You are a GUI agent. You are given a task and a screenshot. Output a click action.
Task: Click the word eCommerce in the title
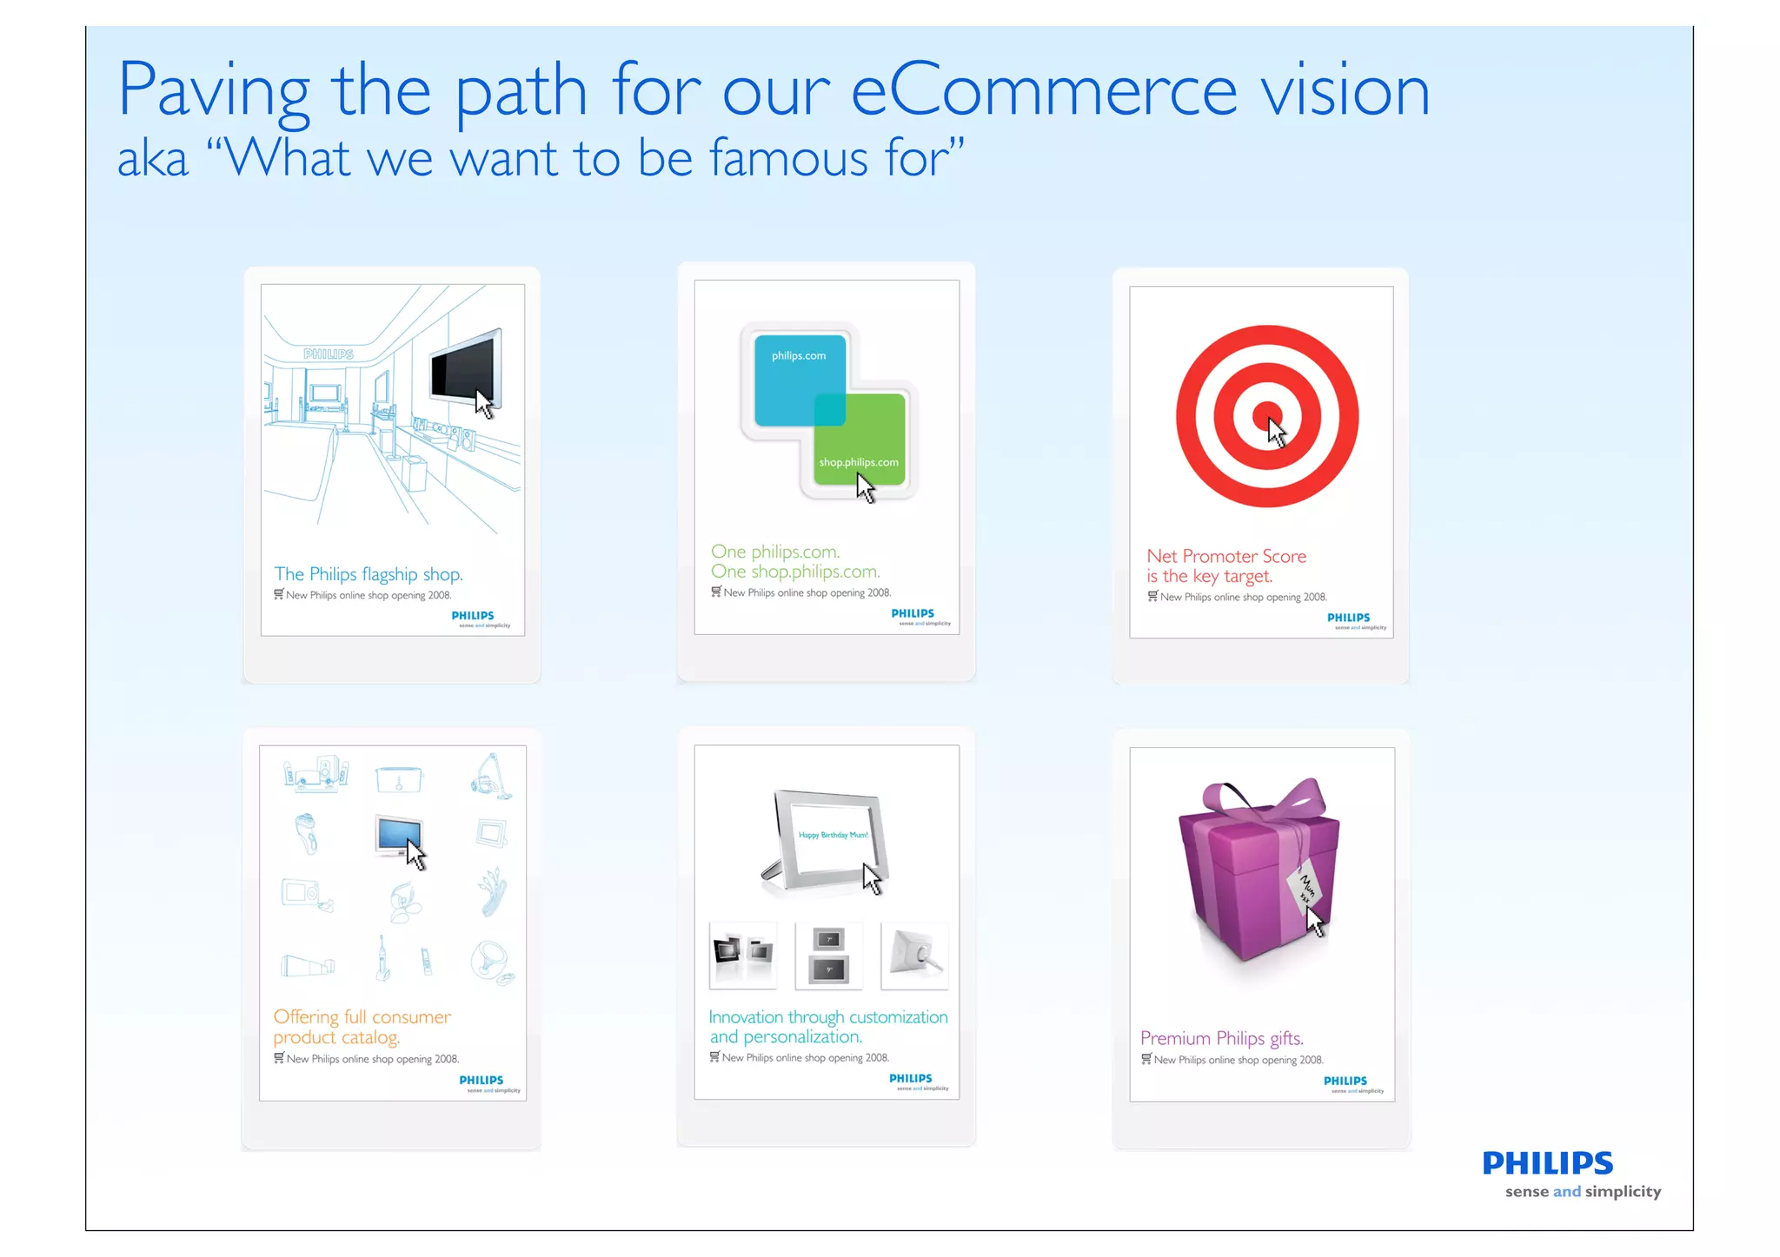coord(1043,91)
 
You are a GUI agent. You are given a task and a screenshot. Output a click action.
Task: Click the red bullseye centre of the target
coord(1267,416)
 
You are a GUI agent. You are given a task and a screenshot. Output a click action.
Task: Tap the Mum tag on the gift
coord(1304,889)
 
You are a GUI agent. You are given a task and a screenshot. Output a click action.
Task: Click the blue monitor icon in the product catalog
coord(398,835)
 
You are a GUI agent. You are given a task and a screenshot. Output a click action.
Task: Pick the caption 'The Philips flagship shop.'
coord(369,574)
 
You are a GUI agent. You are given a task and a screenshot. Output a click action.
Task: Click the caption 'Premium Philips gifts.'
coord(1221,1038)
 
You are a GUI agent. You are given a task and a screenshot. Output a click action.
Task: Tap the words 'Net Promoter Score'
coord(1225,556)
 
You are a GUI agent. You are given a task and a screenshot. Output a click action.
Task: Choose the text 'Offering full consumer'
coord(362,1016)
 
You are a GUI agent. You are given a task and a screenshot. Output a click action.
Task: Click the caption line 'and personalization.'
coord(786,1037)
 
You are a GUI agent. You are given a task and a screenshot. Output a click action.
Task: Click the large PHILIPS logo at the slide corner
coord(1547,1163)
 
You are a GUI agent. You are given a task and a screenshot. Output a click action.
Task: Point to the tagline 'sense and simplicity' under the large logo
coord(1583,1192)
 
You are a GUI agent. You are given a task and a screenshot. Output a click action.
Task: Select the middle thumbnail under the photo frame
coord(828,956)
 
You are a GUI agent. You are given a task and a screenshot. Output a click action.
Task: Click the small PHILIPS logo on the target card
coord(1348,618)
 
